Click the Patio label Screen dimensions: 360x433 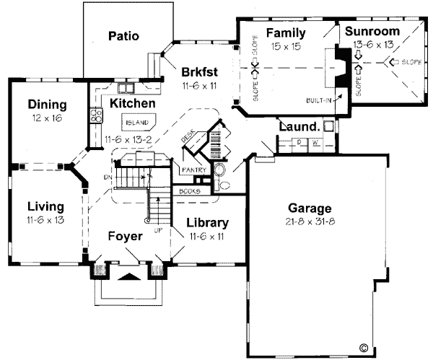coord(123,35)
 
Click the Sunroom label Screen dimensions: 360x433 coord(371,32)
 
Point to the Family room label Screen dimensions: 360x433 coord(286,33)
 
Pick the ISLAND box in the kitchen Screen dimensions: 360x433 coord(135,122)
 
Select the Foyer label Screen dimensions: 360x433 coord(124,236)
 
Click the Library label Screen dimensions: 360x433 coord(207,223)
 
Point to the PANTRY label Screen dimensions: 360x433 coord(193,170)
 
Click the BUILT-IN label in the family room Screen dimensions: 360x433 coord(318,100)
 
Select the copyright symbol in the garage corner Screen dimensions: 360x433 coord(362,346)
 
